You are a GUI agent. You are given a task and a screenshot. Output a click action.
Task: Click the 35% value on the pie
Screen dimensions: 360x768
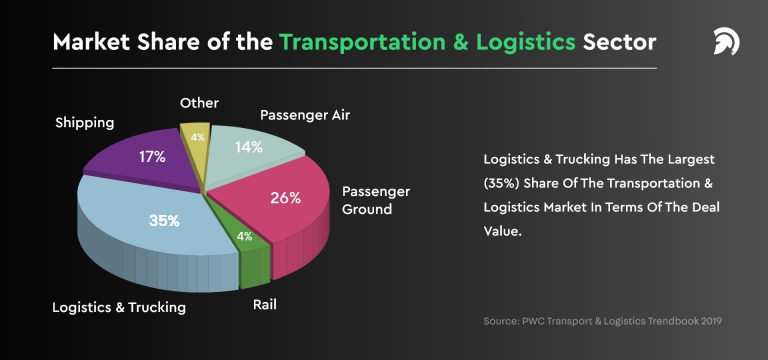pos(164,220)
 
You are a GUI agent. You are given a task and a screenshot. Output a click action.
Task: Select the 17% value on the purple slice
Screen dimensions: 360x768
pos(153,157)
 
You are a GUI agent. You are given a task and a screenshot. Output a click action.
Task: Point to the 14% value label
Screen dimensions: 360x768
pos(248,147)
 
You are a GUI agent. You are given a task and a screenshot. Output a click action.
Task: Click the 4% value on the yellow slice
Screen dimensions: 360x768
pos(198,137)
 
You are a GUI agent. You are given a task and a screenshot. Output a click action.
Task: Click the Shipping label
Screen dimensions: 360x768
pos(84,123)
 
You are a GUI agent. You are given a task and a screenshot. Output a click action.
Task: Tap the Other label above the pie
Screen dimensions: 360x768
pos(199,103)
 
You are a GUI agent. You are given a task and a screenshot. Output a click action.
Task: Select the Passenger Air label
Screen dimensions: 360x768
pos(305,115)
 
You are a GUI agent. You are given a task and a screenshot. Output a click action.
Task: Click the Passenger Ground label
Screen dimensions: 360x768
pos(376,200)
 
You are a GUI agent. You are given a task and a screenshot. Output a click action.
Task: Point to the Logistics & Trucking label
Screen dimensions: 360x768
pos(119,307)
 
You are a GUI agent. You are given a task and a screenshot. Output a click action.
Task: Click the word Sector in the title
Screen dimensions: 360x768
pos(622,43)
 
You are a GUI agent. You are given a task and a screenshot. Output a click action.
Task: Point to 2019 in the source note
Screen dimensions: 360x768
pos(709,321)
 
